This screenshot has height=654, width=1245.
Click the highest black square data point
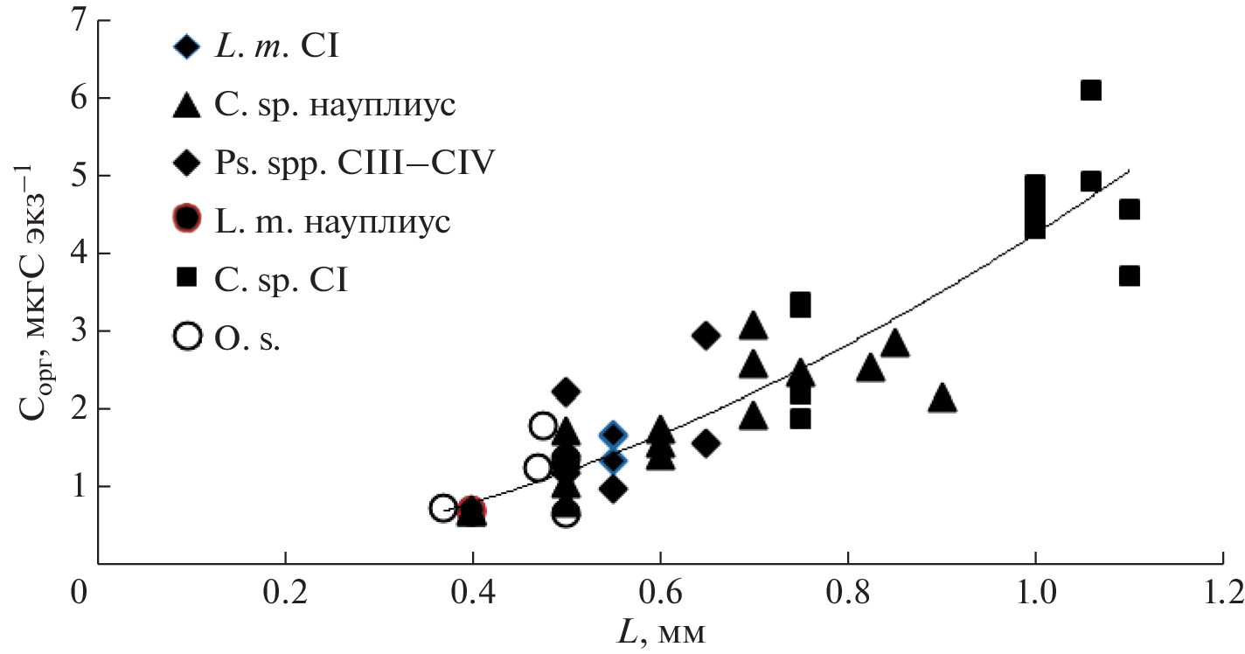click(x=1090, y=90)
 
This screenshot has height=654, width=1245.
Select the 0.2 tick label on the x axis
click(x=284, y=592)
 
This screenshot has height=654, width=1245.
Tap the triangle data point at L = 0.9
click(x=942, y=399)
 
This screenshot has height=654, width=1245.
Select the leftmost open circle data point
click(x=443, y=508)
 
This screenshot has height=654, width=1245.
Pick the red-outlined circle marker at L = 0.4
click(x=472, y=510)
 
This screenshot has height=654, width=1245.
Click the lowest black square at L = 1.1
click(x=1129, y=275)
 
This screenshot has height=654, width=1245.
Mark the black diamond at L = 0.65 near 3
click(x=706, y=335)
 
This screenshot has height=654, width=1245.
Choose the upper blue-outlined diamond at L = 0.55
click(x=613, y=435)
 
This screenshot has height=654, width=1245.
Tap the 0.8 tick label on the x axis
click(x=846, y=592)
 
